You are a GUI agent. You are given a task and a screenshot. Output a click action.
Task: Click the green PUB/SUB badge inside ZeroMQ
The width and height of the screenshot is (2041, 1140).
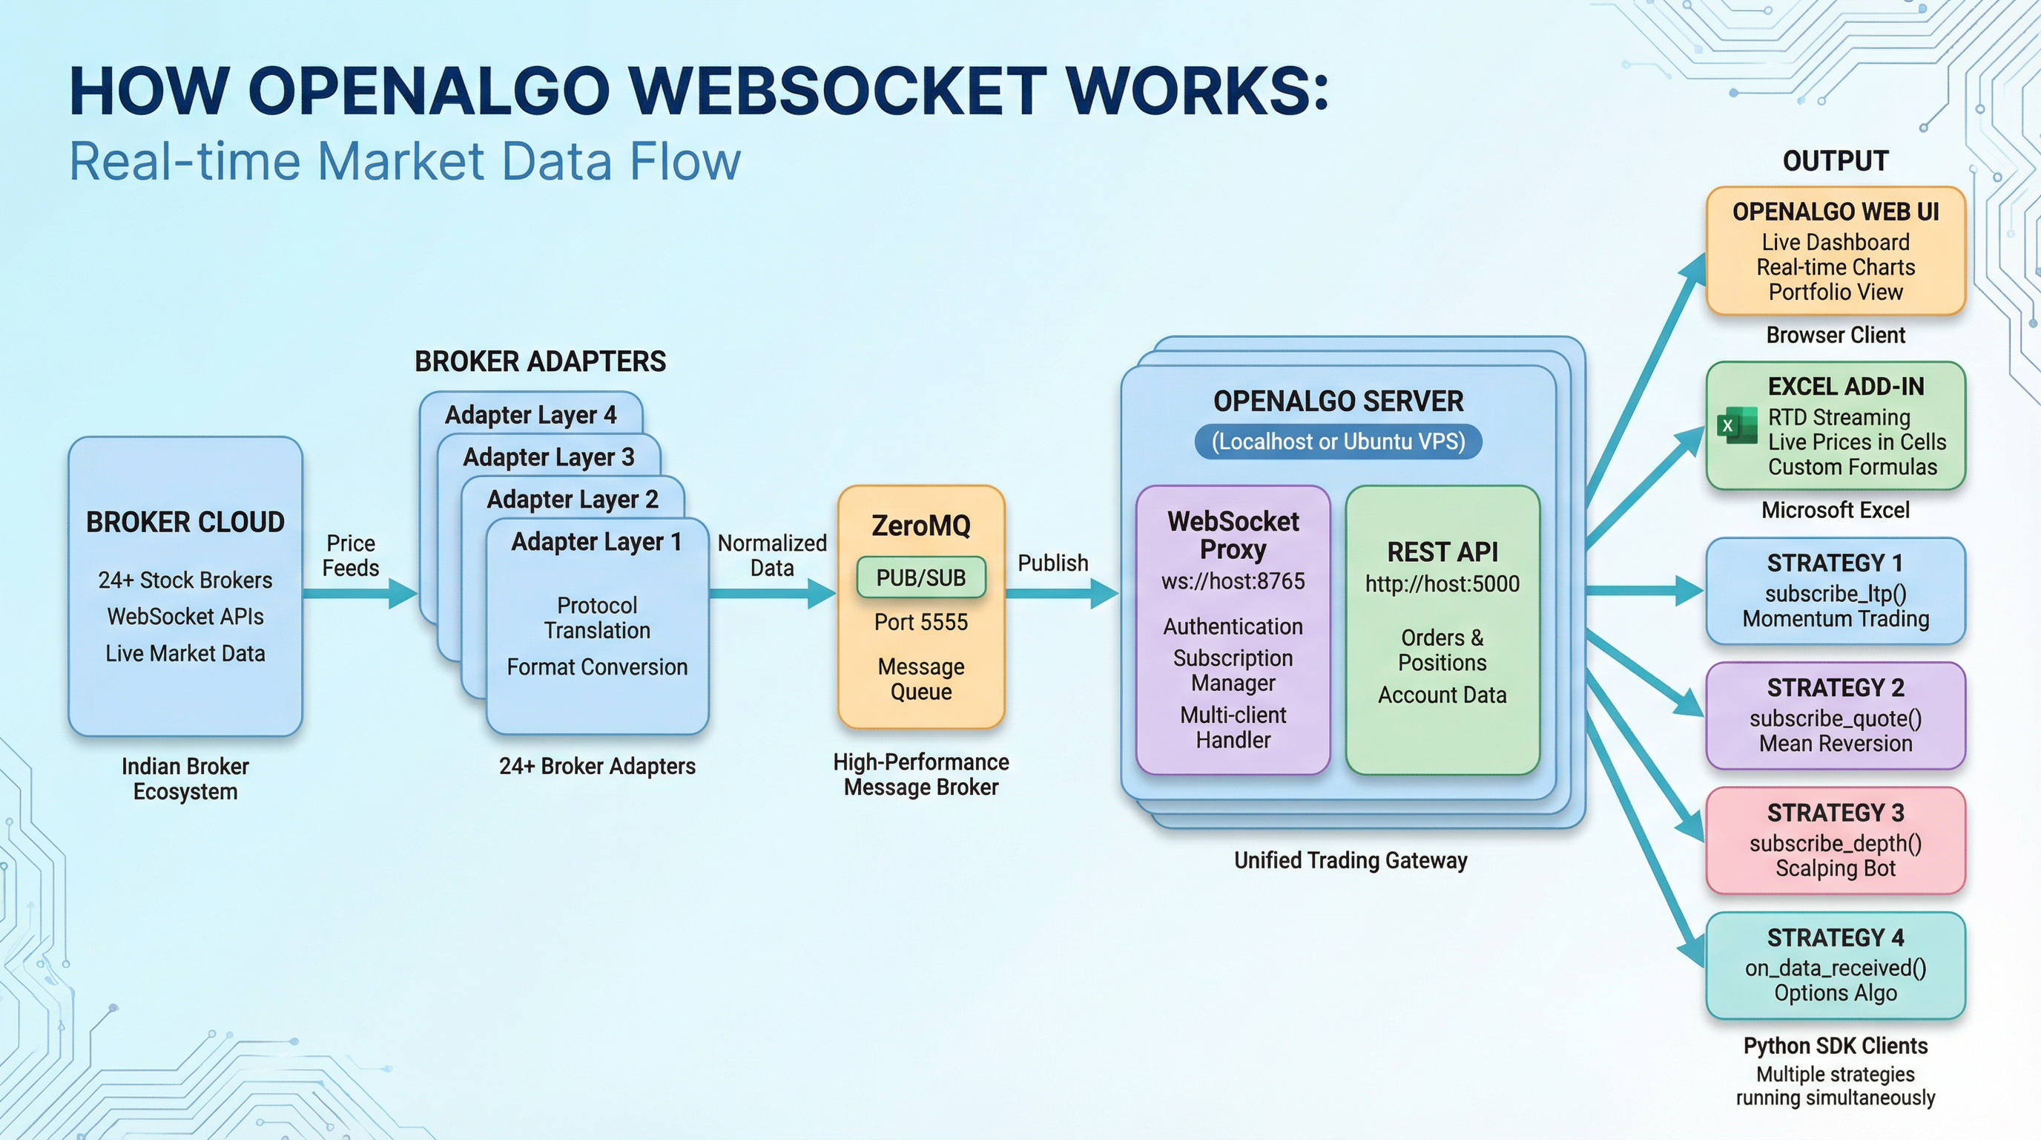(x=920, y=578)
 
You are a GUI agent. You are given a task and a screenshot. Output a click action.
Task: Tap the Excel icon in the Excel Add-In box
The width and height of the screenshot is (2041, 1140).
(x=1735, y=426)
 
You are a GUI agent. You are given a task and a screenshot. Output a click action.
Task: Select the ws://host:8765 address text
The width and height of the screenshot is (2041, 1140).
(x=1233, y=581)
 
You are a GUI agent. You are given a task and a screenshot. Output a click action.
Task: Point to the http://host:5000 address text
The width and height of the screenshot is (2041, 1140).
(x=1442, y=584)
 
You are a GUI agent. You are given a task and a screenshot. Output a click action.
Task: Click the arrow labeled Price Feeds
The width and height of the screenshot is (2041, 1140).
(x=360, y=593)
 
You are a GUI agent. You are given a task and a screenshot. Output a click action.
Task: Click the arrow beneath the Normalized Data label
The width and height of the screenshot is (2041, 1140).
(x=773, y=593)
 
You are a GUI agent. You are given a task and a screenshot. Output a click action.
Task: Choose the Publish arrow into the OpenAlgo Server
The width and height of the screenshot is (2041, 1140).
(x=1062, y=593)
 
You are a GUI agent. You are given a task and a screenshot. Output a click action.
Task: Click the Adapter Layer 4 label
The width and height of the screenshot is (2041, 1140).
(x=530, y=415)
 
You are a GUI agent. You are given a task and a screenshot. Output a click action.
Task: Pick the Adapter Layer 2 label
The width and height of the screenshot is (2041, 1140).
(x=572, y=499)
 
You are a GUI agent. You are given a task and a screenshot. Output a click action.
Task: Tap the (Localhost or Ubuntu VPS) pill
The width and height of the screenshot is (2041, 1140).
(x=1338, y=442)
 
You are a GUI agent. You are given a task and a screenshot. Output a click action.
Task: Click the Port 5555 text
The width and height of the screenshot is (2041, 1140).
(x=920, y=622)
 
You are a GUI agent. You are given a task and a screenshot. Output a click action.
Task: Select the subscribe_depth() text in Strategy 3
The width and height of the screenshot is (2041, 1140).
(x=1835, y=844)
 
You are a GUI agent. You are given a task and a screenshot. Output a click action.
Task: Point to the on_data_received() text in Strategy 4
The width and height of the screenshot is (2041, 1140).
(x=1835, y=968)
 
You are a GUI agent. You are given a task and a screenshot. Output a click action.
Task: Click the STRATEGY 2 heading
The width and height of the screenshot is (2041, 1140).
(x=1835, y=687)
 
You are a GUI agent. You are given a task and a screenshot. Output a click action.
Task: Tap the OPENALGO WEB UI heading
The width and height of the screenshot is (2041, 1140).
(x=1835, y=212)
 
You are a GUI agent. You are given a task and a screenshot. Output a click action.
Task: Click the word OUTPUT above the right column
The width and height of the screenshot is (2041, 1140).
(x=1835, y=161)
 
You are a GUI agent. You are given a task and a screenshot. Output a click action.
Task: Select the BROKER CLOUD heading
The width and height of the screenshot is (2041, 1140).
(x=185, y=522)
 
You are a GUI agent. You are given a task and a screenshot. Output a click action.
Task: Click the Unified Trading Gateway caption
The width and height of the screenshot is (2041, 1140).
(x=1350, y=860)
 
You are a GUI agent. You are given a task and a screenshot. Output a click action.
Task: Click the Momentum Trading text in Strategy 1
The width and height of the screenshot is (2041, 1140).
(x=1835, y=619)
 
